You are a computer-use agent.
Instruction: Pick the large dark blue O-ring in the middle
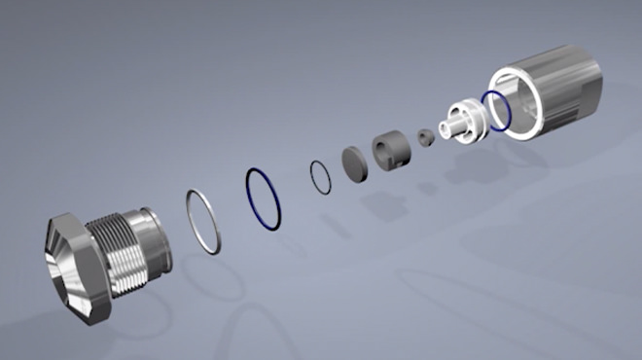[x=266, y=199]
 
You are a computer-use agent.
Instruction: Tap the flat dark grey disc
[x=353, y=162]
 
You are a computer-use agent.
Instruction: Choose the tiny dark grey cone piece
[x=426, y=138]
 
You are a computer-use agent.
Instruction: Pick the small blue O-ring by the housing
[x=496, y=110]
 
